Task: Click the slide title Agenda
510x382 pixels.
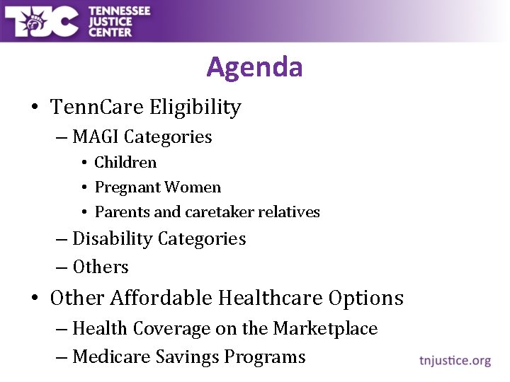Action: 254,67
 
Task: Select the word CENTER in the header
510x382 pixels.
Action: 110,32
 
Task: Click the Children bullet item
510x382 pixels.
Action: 125,163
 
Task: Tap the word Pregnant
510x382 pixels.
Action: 125,187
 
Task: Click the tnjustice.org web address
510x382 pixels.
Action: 453,361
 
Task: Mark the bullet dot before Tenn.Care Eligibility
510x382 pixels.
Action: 35,108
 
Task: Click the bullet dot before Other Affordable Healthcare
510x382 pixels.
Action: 35,299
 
